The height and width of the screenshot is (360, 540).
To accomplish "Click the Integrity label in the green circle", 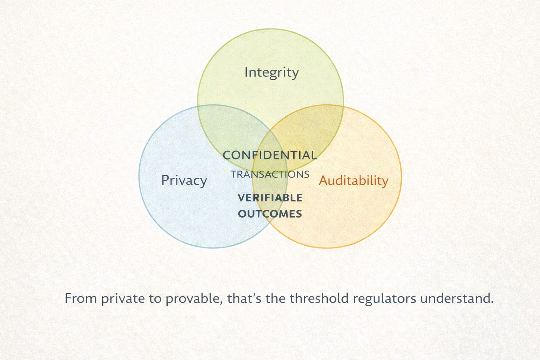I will pos(271,72).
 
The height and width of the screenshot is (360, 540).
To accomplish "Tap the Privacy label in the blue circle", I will pos(184,181).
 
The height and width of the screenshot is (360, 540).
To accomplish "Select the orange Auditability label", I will pos(353,181).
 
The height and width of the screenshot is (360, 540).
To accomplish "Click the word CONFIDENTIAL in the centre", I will pos(270,155).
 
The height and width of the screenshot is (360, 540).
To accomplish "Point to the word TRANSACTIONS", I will pos(270,174).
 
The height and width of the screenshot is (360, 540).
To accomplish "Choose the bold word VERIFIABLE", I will pos(270,198).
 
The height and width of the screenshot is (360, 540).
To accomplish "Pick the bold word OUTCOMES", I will pos(270,214).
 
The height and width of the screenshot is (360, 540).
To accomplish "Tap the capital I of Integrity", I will pos(246,72).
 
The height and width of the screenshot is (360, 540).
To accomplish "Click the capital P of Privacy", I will pos(165,180).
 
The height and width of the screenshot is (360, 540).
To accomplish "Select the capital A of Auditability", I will pos(323,181).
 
